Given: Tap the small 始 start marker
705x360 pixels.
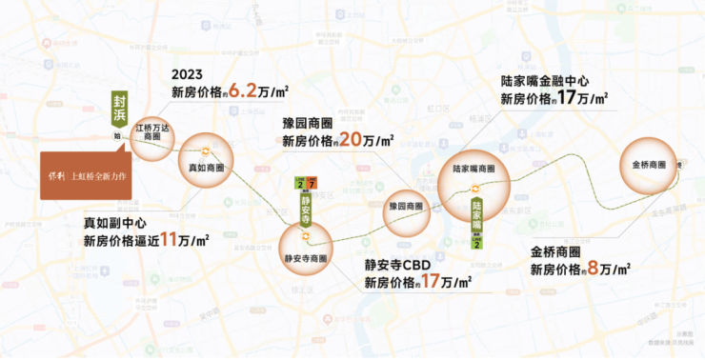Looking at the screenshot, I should pyautogui.click(x=117, y=136).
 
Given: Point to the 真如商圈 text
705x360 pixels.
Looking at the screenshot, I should pyautogui.click(x=206, y=168).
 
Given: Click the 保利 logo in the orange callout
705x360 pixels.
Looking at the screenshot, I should pyautogui.click(x=56, y=175).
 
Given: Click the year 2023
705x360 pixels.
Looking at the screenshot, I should pyautogui.click(x=188, y=74).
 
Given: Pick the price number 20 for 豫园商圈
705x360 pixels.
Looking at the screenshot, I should pyautogui.click(x=351, y=140).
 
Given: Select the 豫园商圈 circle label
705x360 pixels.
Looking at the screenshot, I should pyautogui.click(x=407, y=205).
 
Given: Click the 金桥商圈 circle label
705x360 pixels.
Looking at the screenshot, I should pyautogui.click(x=651, y=164).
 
